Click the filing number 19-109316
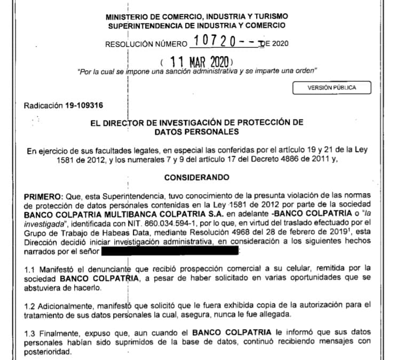[76, 105]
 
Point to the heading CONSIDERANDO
[197, 177]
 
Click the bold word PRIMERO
[44, 197]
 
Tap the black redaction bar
[171, 248]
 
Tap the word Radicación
[42, 105]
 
